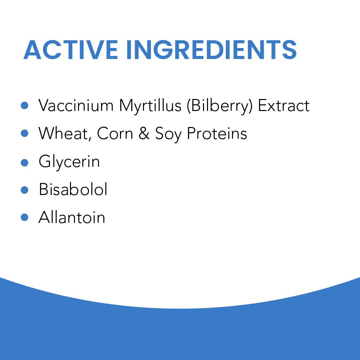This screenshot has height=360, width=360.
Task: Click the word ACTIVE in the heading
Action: pos(71,50)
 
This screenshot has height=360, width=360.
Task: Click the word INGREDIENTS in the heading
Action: pos(212,50)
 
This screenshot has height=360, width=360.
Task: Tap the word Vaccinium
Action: pos(76,105)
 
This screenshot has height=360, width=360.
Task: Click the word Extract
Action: pos(284,105)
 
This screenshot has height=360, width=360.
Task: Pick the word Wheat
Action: pos(63,133)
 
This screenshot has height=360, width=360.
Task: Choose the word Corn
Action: pos(115,133)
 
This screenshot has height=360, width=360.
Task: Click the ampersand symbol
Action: pos(144,133)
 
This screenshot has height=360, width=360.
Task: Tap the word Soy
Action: pos(168,134)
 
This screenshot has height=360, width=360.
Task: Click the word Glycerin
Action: pos(69,162)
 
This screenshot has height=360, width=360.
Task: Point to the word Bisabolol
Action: pos(73,189)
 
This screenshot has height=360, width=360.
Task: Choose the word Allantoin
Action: pos(72,217)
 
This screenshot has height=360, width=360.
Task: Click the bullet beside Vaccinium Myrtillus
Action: pos(24,105)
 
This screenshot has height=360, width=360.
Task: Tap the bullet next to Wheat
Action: pos(24,133)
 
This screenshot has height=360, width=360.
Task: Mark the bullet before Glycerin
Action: pos(24,163)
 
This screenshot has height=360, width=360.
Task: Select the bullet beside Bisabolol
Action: pos(24,190)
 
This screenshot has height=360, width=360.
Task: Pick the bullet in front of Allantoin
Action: pos(24,217)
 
